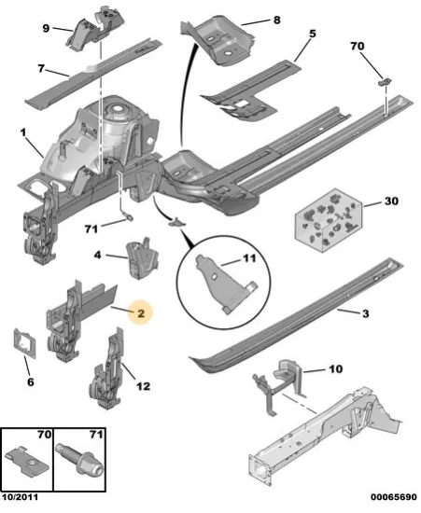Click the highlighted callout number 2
click(x=141, y=313)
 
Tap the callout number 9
click(x=46, y=29)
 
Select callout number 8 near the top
click(x=277, y=21)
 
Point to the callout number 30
click(x=391, y=201)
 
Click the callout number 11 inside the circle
click(x=249, y=258)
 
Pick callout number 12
click(x=143, y=386)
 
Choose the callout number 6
click(x=31, y=381)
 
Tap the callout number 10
click(x=335, y=369)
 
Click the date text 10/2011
click(x=20, y=497)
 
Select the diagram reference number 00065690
click(x=394, y=497)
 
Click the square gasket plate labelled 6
click(x=24, y=343)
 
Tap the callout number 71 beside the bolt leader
click(x=91, y=229)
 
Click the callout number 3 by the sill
click(x=366, y=313)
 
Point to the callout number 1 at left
click(x=22, y=132)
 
